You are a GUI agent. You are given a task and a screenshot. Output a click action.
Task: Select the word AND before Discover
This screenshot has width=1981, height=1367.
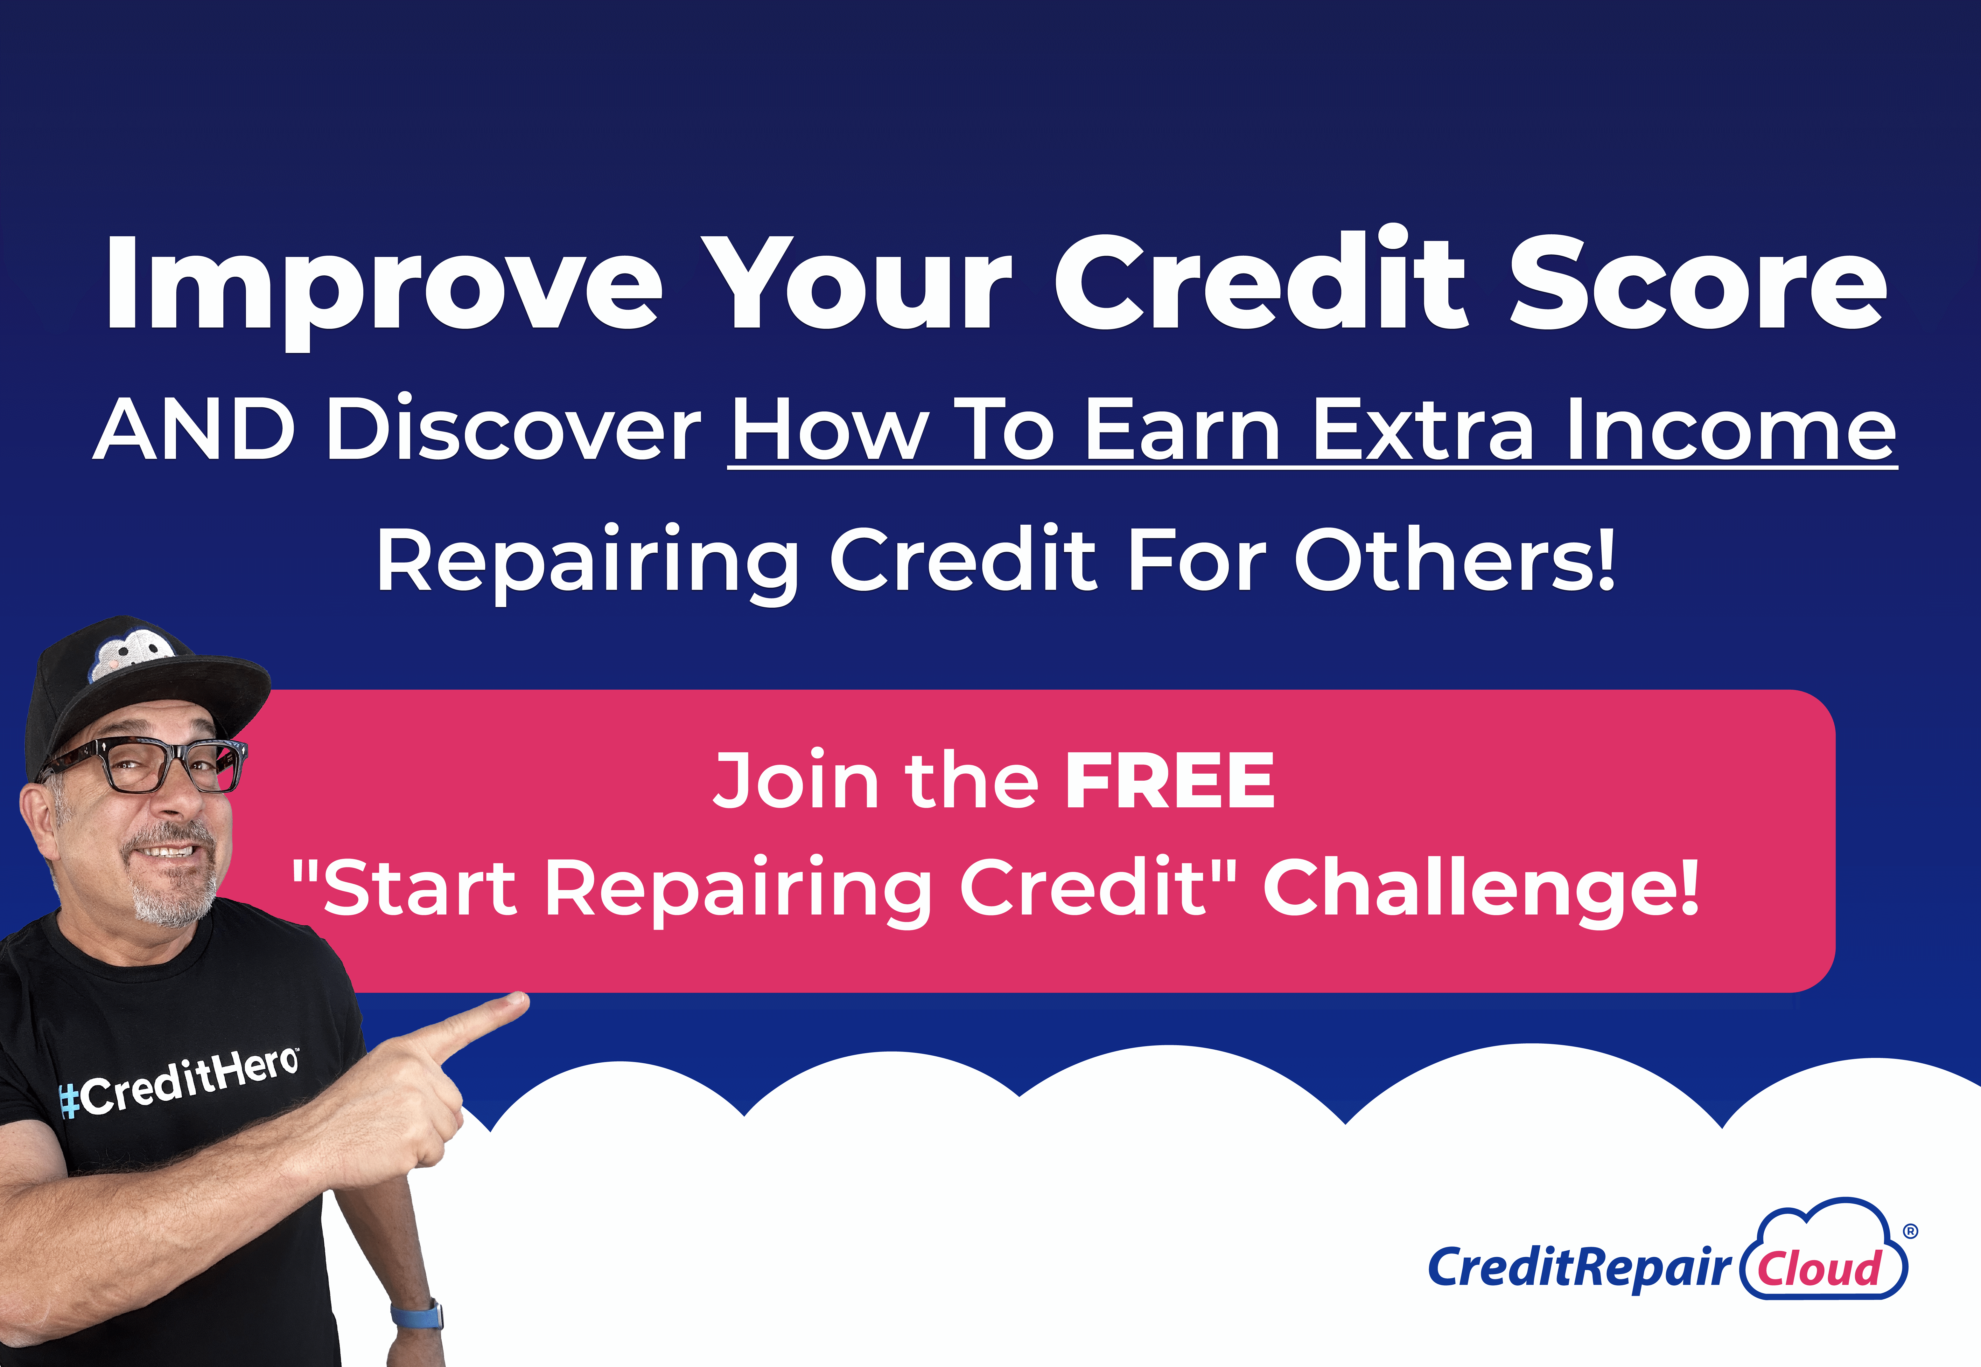(194, 429)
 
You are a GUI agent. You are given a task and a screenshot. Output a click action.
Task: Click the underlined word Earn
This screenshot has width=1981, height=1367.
(1183, 429)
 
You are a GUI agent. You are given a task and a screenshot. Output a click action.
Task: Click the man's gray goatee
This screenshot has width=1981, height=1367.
(171, 887)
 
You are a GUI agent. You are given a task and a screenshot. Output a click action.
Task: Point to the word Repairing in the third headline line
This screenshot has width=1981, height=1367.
(588, 563)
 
